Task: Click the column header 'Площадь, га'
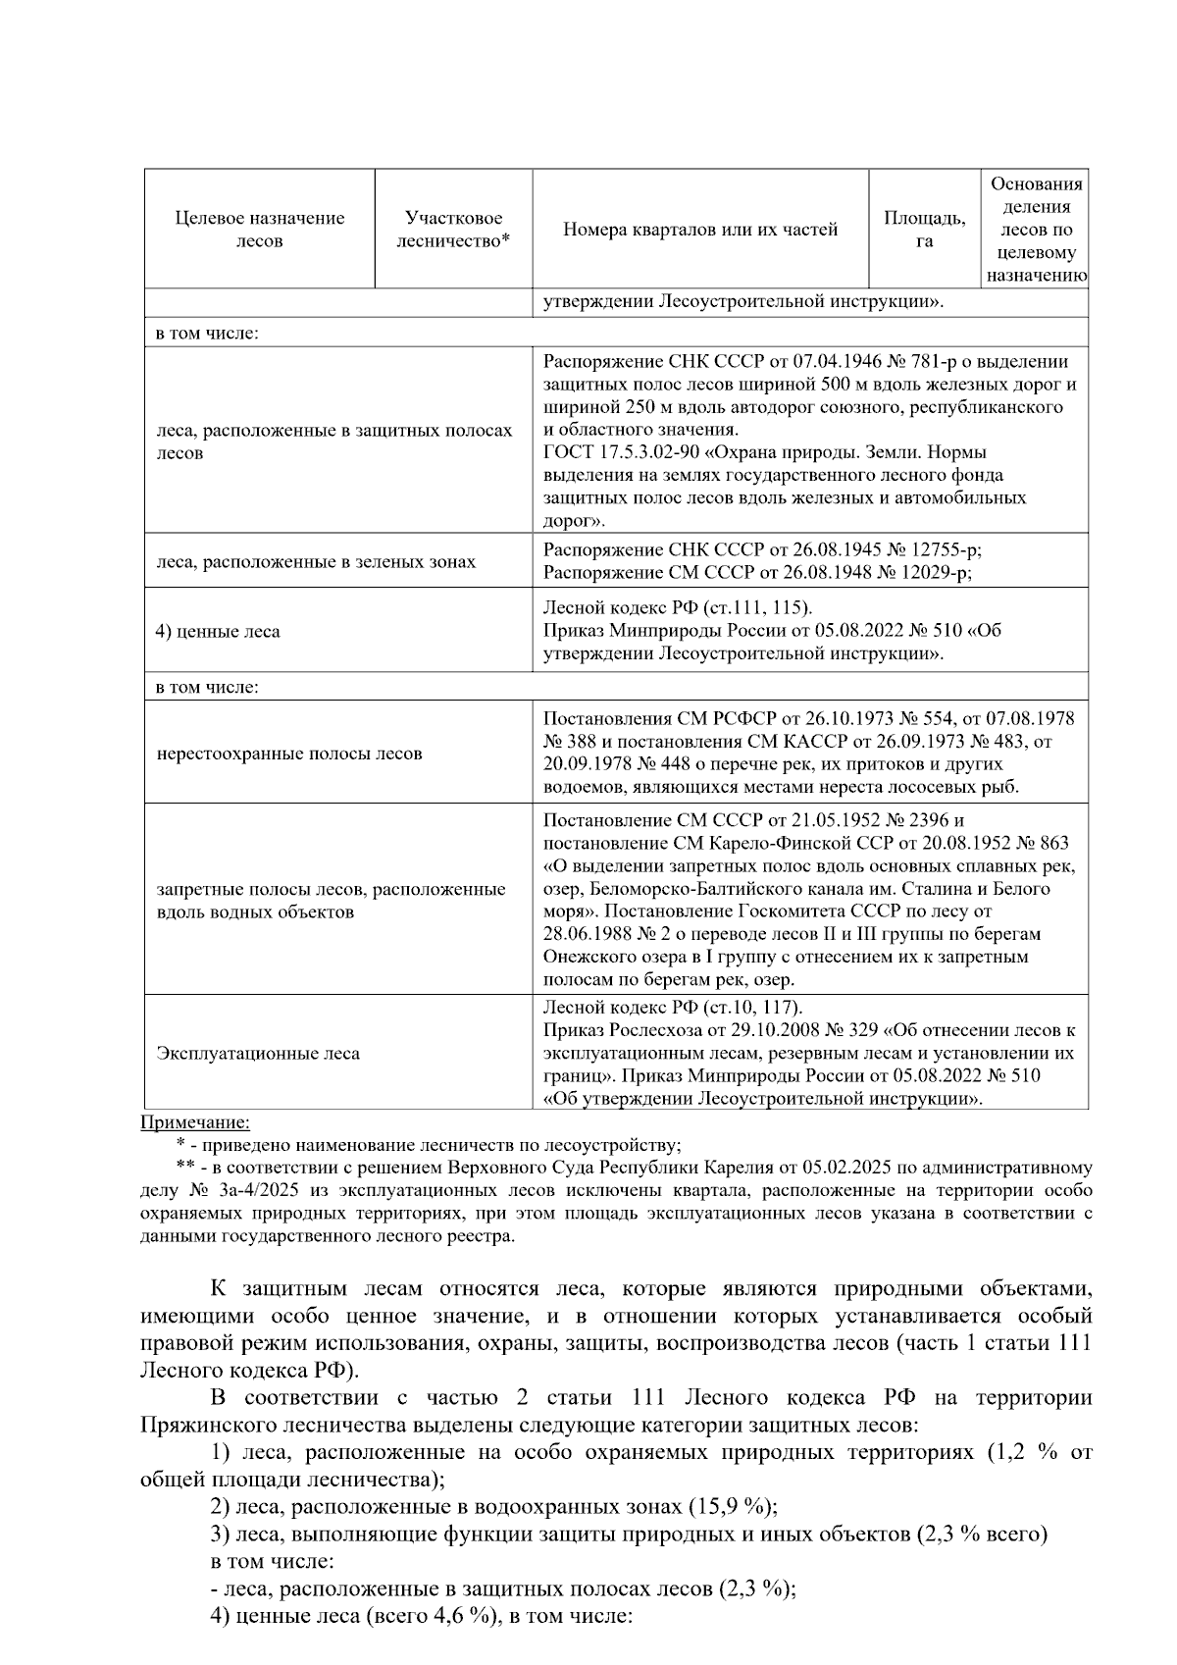coord(924,230)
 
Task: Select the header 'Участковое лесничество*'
coord(454,230)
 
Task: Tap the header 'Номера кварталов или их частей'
coord(700,230)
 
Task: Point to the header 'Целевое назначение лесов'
coord(260,230)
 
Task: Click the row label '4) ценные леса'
coord(218,632)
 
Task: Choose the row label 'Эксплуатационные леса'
coord(258,1054)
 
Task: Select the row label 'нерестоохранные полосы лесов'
coord(289,754)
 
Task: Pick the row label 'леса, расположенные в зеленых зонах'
coord(316,562)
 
